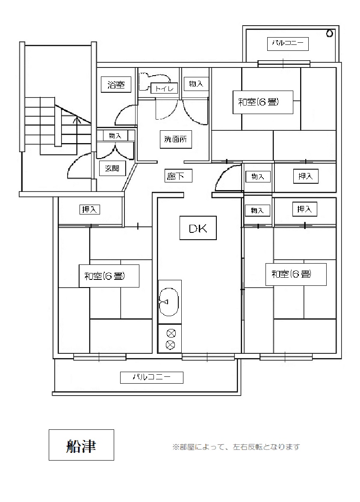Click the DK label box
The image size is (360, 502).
click(198, 228)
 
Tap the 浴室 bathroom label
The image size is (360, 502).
click(115, 85)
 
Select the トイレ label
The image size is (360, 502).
click(164, 88)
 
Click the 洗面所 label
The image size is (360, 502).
click(176, 139)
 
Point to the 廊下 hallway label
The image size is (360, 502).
click(175, 176)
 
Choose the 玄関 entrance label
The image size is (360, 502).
click(112, 168)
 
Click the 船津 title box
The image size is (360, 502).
click(81, 445)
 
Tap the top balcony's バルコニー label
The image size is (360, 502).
click(288, 44)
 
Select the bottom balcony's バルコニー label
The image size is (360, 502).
click(151, 377)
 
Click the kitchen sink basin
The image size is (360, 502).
click(169, 302)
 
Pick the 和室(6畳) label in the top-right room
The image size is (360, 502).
click(263, 102)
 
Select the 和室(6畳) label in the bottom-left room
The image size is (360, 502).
click(109, 276)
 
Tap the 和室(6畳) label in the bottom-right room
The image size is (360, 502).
click(295, 274)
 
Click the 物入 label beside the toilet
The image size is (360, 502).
click(196, 84)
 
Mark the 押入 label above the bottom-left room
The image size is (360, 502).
click(90, 210)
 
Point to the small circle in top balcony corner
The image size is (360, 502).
click(330, 33)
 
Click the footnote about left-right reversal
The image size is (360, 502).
click(236, 447)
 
